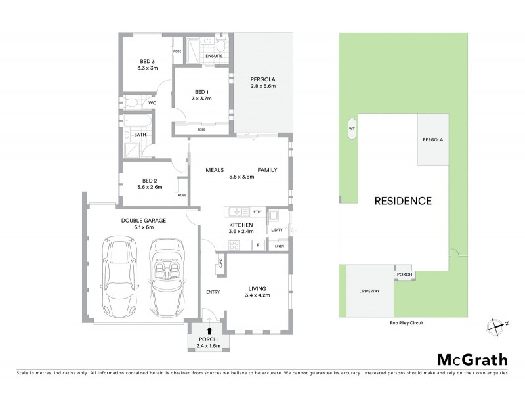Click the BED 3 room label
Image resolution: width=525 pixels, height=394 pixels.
pos(147,60)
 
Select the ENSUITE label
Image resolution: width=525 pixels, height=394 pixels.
pos(214,56)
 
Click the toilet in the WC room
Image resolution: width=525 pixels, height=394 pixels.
pos(131,102)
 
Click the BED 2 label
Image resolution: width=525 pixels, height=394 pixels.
pos(150,181)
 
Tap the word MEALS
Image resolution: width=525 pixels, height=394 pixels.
pos(215,169)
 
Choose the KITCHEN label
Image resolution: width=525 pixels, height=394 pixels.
pos(240,225)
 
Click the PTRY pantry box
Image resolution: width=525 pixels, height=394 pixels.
pos(256,211)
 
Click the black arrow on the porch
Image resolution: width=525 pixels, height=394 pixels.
pos(209,332)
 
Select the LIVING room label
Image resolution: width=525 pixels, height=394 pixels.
pos(257,288)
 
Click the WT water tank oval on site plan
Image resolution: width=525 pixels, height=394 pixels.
pos(352,129)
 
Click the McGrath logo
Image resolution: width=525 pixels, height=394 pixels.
pos(472,359)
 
